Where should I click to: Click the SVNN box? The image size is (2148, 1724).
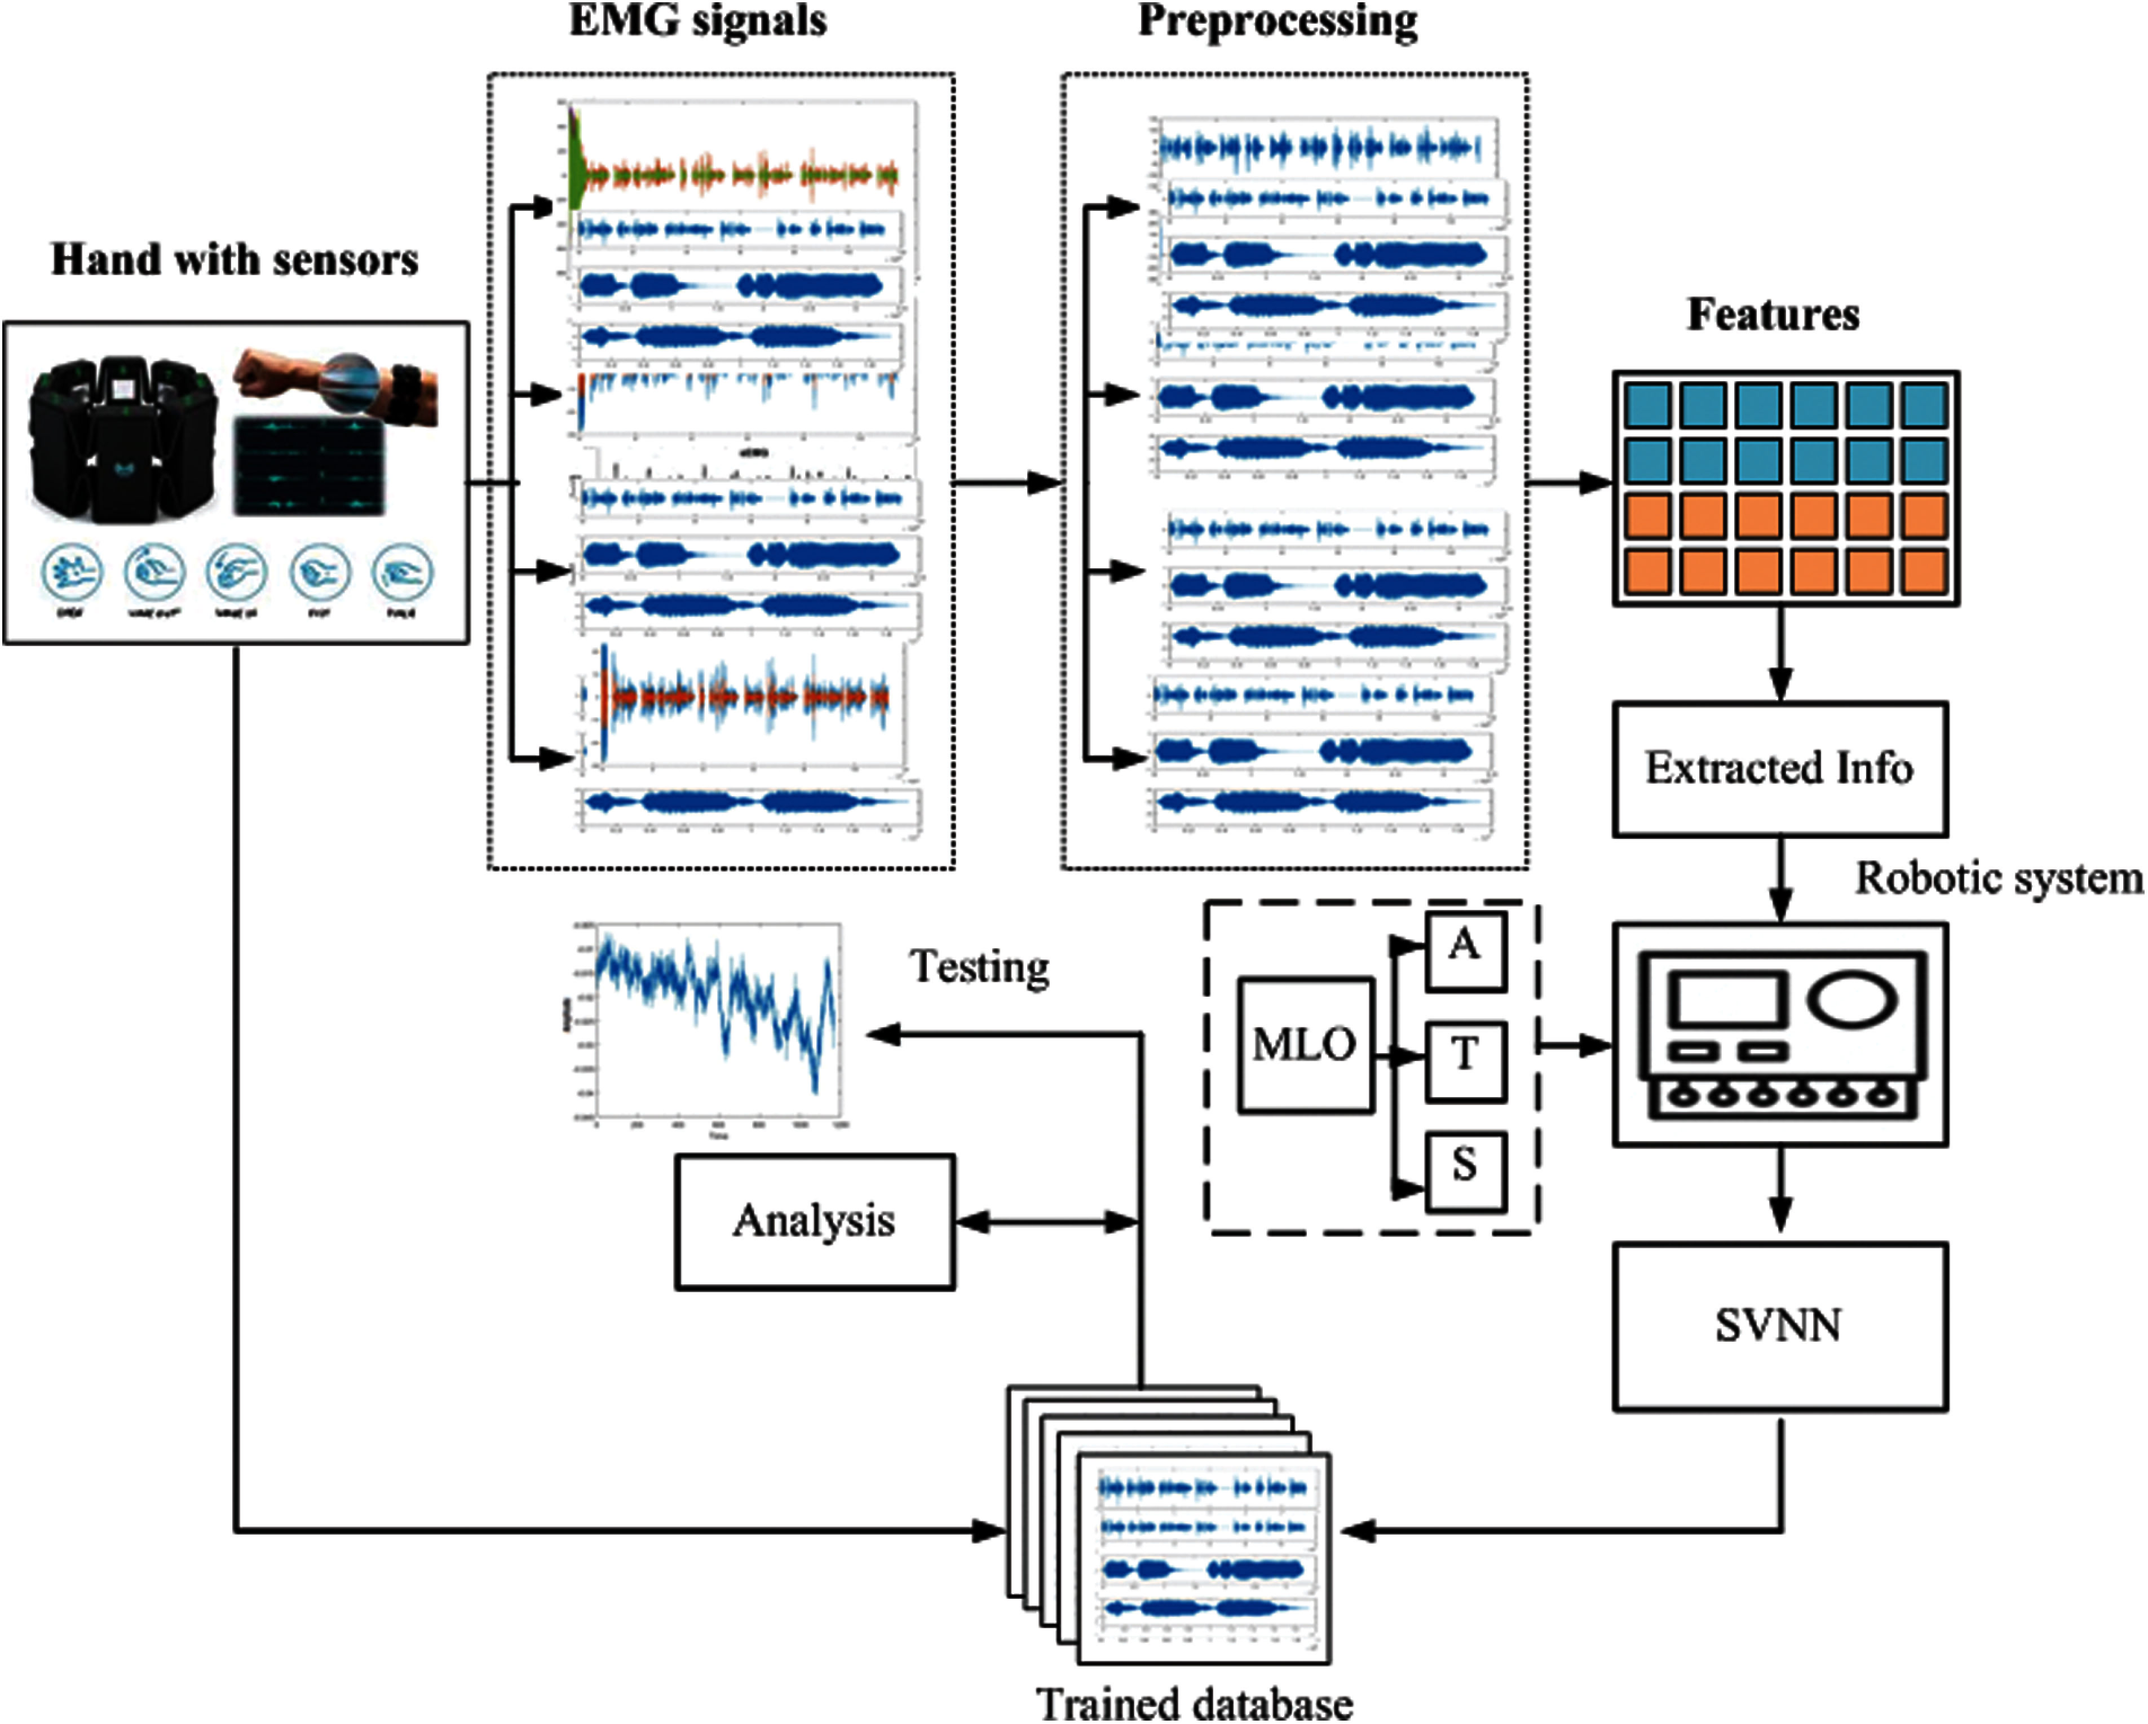[1779, 1325]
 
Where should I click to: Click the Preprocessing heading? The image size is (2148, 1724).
[1278, 22]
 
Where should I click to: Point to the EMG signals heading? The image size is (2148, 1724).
[697, 22]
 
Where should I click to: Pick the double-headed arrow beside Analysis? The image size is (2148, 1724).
[1046, 1222]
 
